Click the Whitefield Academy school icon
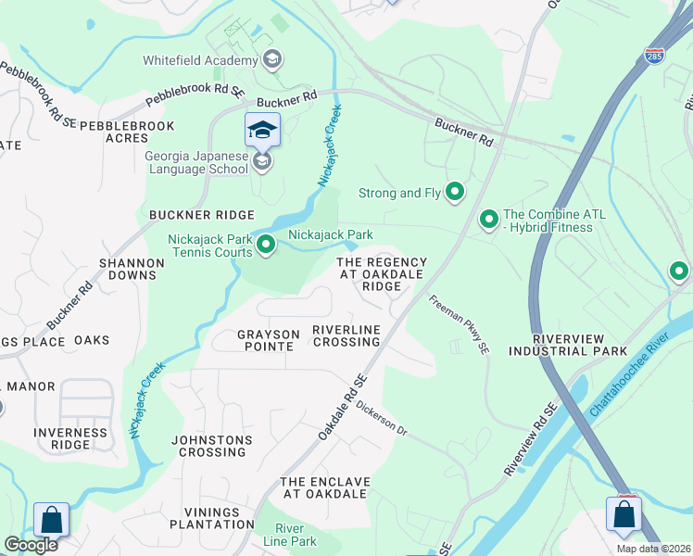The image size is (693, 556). (271, 61)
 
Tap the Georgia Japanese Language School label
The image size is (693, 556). (195, 162)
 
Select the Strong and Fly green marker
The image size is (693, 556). (455, 193)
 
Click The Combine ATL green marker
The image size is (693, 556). (488, 220)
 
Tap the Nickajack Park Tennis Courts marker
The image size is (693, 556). (266, 246)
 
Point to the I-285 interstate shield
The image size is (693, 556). (654, 57)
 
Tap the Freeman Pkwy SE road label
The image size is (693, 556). (458, 325)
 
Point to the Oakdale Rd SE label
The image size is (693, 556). (344, 407)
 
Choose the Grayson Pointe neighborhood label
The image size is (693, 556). (255, 340)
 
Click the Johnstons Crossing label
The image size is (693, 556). (212, 446)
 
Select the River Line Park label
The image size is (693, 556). (289, 535)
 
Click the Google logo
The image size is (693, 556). (30, 545)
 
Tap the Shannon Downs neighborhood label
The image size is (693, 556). (132, 269)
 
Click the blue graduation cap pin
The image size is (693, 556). (262, 129)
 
